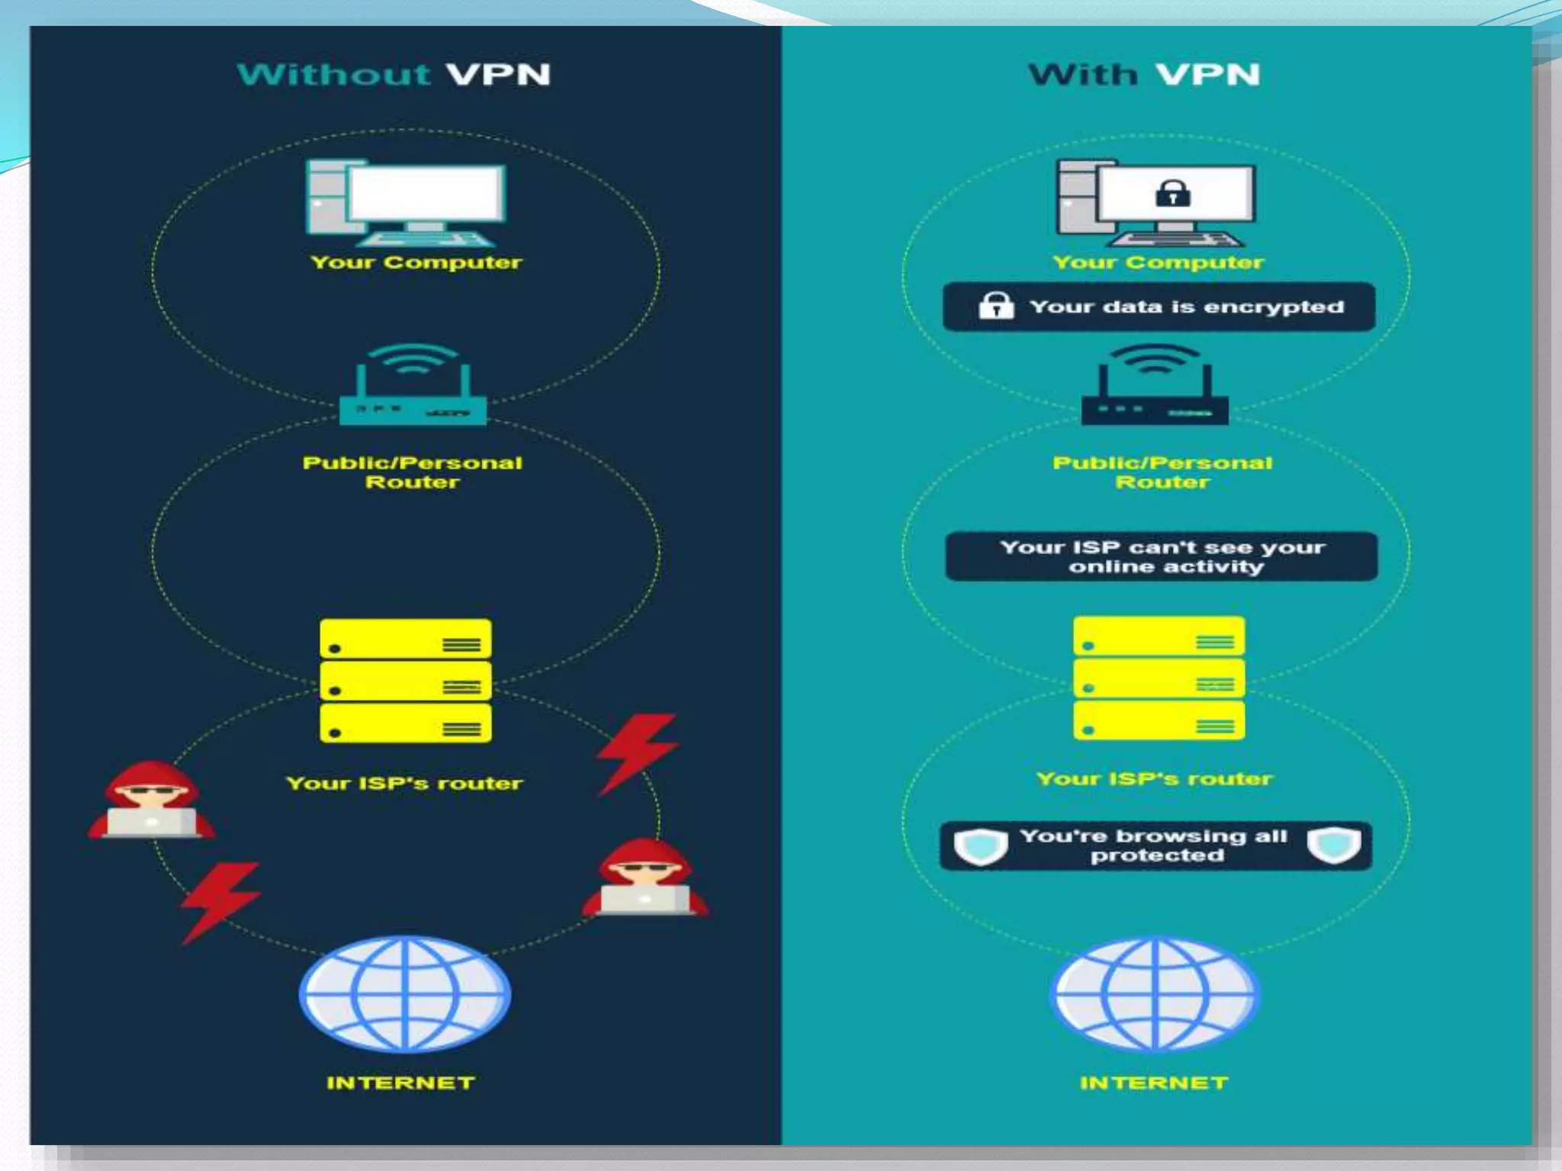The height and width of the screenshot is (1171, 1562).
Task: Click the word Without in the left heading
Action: [x=333, y=75]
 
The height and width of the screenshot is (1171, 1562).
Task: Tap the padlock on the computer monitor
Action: [x=1173, y=194]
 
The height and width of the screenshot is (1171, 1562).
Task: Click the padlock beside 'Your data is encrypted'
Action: [x=996, y=306]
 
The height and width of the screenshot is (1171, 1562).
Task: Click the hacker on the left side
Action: [x=151, y=800]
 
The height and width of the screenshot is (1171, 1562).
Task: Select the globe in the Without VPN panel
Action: [x=405, y=993]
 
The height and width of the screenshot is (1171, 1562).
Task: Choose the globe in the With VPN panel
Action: [x=1155, y=993]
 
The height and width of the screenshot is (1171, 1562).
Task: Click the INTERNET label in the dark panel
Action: [x=400, y=1083]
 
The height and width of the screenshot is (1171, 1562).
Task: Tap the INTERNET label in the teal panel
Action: [x=1154, y=1083]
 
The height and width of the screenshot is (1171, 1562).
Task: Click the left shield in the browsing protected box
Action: [x=981, y=846]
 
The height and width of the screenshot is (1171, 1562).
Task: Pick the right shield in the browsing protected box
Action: [x=1333, y=845]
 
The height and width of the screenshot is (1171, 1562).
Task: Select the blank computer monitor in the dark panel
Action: [x=426, y=194]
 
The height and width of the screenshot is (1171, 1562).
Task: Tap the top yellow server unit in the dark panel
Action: [x=405, y=639]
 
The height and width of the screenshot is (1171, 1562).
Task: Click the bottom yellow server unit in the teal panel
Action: [x=1159, y=721]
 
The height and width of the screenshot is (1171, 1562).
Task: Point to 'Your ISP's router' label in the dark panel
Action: [x=404, y=783]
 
